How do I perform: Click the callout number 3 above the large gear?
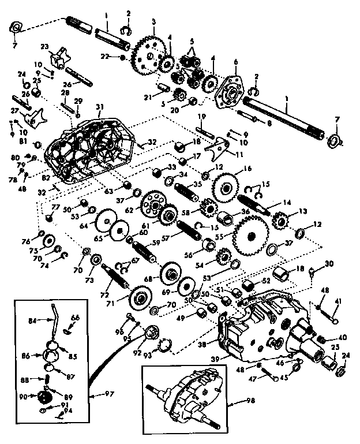pos(154,21)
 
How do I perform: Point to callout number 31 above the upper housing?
pos(99,106)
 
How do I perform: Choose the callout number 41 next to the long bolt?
pos(338,301)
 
